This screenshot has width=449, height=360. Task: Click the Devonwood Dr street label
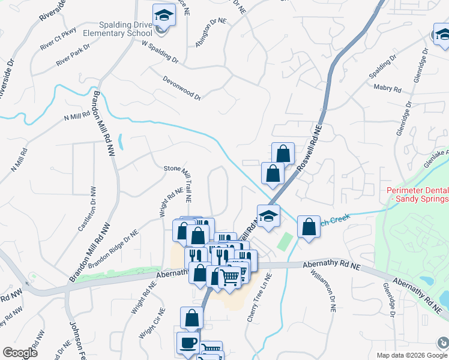[x=181, y=88]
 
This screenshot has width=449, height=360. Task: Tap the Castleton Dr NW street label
[x=88, y=209]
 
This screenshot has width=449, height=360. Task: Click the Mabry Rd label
[x=387, y=88]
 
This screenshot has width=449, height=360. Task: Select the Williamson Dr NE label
[x=325, y=290]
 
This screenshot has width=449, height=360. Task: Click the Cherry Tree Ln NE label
[x=260, y=298]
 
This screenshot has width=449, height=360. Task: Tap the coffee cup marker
[x=188, y=343]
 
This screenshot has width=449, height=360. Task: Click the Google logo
[x=20, y=353]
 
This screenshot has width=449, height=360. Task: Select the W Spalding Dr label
[x=160, y=53]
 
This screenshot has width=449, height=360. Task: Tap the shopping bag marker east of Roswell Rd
[x=309, y=227]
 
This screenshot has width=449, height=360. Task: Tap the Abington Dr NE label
[x=211, y=32]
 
